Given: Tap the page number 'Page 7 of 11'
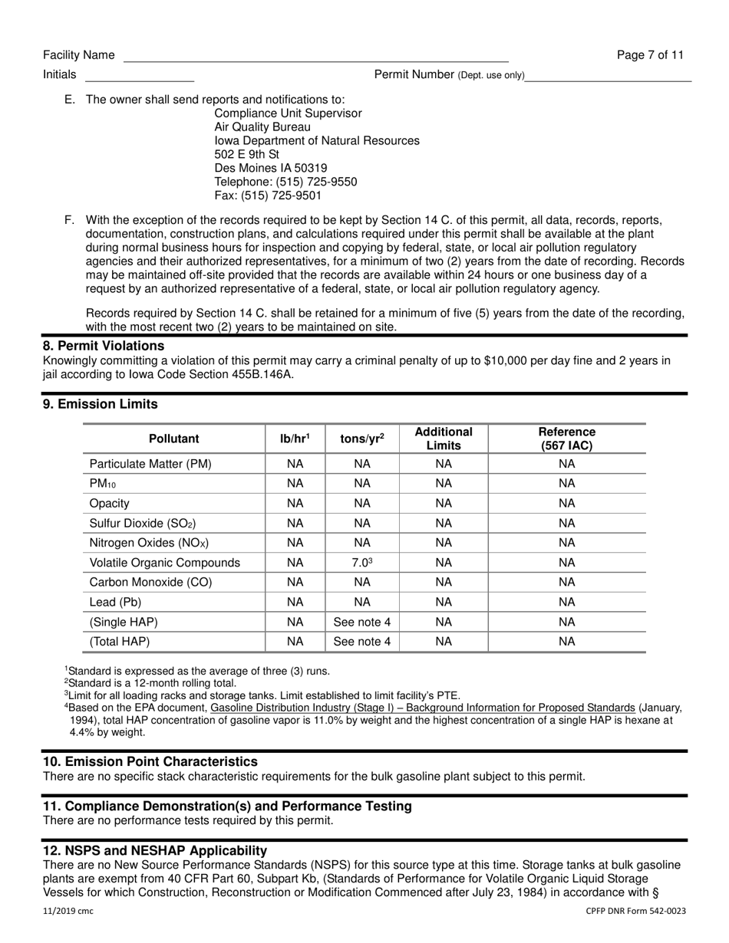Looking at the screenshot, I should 650,55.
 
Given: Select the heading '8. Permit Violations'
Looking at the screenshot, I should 104,346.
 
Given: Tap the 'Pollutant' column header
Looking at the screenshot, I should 173,439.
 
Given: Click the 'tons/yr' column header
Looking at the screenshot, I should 361,439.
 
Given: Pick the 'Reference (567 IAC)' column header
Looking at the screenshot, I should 566,439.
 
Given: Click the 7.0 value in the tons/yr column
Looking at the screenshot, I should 361,563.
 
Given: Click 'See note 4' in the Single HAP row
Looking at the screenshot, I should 361,622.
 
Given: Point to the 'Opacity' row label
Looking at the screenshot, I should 110,504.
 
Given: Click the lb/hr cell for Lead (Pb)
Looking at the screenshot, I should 295,602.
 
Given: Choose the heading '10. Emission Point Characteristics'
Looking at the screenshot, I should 150,761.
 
